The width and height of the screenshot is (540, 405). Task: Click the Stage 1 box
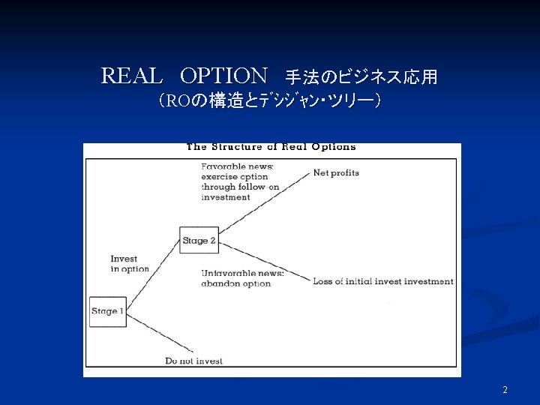(106, 311)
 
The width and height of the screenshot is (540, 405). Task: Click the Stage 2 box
(199, 241)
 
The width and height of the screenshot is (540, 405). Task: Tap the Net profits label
(336, 172)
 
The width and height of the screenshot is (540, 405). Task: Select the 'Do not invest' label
(193, 361)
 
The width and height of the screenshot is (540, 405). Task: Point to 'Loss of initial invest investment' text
(382, 282)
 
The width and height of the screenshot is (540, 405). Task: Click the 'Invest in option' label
(129, 264)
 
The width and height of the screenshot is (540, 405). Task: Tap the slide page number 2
(505, 390)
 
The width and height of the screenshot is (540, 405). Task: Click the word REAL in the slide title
(131, 76)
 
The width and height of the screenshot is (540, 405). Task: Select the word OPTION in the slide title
(223, 76)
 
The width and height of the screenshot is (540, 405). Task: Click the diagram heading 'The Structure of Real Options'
(271, 147)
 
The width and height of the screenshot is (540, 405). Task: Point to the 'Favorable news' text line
(237, 166)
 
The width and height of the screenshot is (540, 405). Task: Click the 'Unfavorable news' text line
(241, 274)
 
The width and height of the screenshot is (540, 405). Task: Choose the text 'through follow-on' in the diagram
(240, 187)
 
